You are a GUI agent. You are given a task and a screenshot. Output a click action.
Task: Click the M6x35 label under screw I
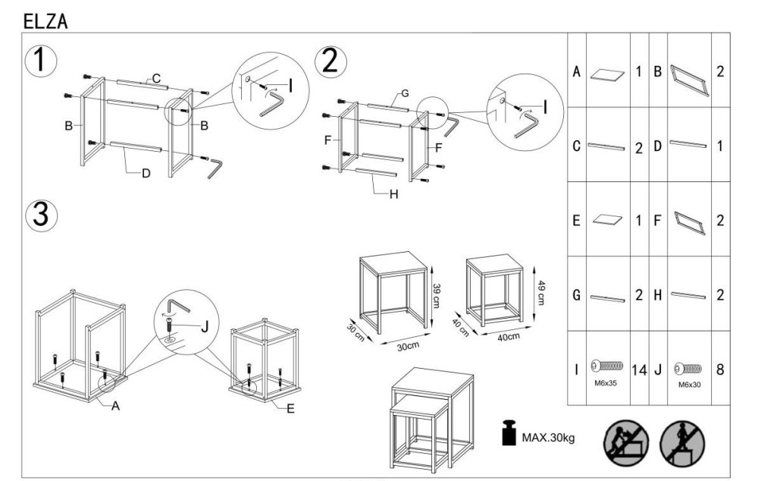pos(604,384)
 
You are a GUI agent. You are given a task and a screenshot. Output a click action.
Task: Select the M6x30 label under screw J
pos(689,385)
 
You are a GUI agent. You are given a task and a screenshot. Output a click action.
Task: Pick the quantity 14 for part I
pos(638,371)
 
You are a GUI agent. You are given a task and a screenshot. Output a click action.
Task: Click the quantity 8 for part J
pos(720,370)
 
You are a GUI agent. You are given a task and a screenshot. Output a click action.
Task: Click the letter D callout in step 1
pos(146,173)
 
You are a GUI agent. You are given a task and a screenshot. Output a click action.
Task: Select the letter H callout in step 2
pos(393,193)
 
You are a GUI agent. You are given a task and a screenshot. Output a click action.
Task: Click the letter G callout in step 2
pos(405,94)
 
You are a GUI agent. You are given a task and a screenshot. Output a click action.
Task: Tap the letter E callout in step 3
pos(291,407)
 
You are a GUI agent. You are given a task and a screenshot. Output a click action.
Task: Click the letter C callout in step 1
pos(156,78)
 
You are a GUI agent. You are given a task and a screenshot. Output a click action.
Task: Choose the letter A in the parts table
pos(577,73)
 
